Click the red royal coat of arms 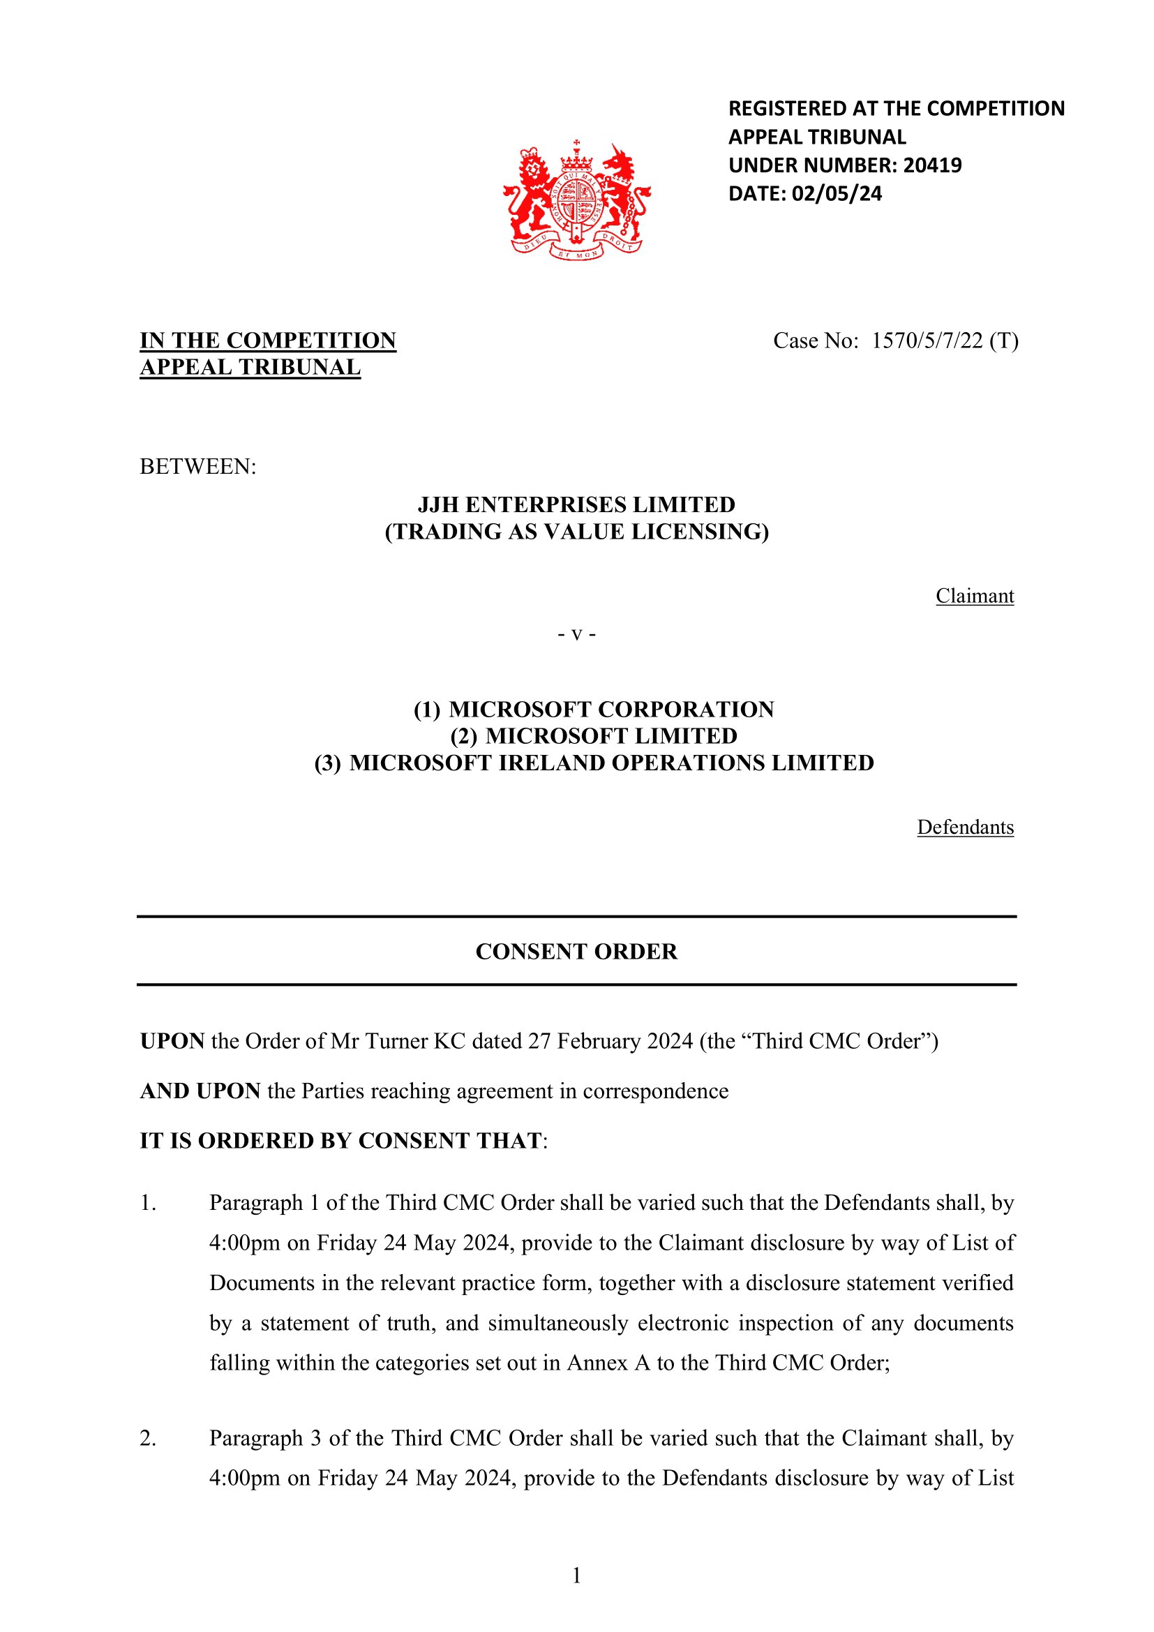pyautogui.click(x=576, y=200)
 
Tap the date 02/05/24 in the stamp pyautogui.click(x=837, y=194)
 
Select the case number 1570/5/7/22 pyautogui.click(x=927, y=341)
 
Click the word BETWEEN pyautogui.click(x=197, y=467)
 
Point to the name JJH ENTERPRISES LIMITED pyautogui.click(x=576, y=504)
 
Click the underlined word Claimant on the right pyautogui.click(x=974, y=596)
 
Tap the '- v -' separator pyautogui.click(x=576, y=634)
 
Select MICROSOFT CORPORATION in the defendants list pyautogui.click(x=611, y=710)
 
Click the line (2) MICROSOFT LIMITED pyautogui.click(x=594, y=735)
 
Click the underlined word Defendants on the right pyautogui.click(x=965, y=828)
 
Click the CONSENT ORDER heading pyautogui.click(x=576, y=952)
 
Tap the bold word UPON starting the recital pyautogui.click(x=172, y=1041)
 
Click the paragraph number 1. pyautogui.click(x=148, y=1203)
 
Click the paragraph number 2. pyautogui.click(x=148, y=1438)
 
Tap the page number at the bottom pyautogui.click(x=576, y=1575)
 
